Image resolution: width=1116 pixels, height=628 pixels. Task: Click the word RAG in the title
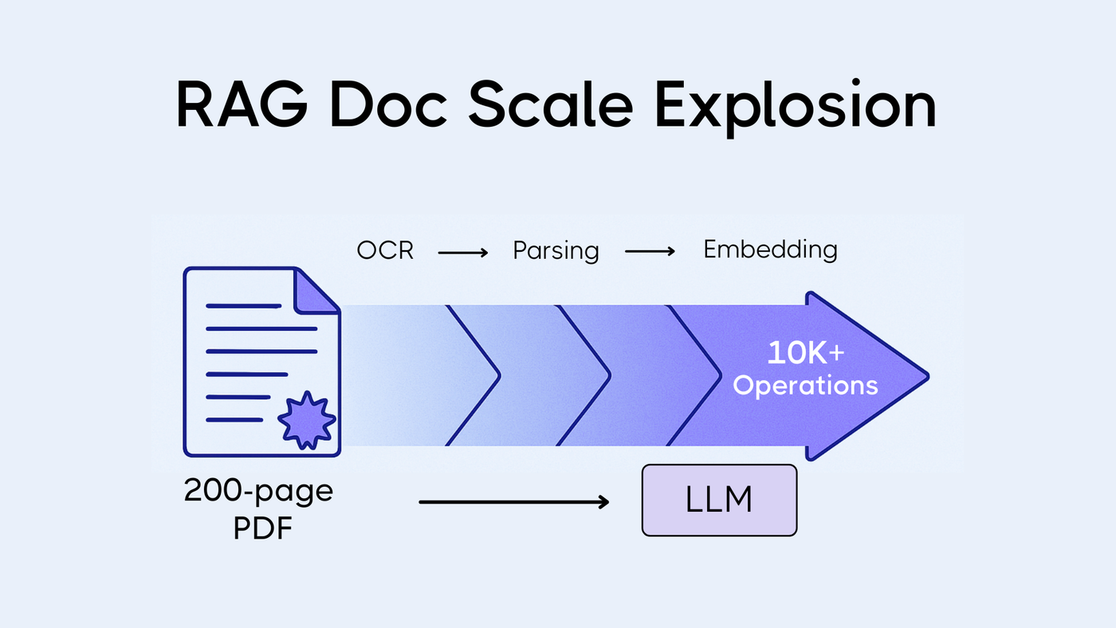242,105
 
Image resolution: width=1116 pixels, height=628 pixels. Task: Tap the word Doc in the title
388,105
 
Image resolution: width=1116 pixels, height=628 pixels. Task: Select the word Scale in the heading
551,104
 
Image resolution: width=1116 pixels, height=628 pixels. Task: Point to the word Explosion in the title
796,107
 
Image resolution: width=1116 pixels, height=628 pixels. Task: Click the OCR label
385,250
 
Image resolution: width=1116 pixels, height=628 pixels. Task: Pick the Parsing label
556,251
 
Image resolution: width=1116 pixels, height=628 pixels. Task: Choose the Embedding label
770,249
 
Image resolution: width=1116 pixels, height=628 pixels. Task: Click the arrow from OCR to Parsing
463,253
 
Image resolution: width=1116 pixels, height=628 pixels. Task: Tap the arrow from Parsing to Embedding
650,252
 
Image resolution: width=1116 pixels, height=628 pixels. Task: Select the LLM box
719,500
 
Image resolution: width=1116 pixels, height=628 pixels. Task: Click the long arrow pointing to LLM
513,502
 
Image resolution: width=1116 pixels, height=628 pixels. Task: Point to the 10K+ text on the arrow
806,352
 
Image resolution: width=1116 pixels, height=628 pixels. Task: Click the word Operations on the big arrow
805,386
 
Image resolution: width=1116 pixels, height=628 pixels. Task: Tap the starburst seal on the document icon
306,420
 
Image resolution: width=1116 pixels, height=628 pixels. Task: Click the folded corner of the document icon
316,292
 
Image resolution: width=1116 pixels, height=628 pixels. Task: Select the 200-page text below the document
258,491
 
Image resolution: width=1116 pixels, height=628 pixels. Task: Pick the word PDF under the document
262,528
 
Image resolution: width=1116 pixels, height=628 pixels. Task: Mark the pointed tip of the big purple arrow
928,376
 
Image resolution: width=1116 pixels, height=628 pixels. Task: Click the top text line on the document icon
244,306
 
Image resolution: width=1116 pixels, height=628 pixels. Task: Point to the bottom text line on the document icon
234,420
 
